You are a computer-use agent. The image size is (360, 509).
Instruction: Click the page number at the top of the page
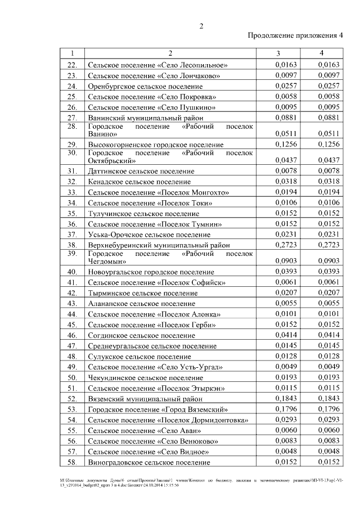pos(201,26)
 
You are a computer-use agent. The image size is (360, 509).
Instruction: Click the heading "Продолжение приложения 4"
pos(295,37)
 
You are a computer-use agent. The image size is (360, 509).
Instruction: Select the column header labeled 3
pos(278,53)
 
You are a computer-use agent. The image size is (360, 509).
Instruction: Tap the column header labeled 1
pos(72,53)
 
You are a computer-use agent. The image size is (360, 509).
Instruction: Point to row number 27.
pos(72,118)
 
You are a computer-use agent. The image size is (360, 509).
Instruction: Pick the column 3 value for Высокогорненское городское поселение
pos(286,145)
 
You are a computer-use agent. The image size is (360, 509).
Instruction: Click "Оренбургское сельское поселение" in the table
pos(145,86)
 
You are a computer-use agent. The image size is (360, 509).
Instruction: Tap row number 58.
pos(72,462)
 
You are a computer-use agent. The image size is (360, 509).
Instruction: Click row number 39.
pos(72,254)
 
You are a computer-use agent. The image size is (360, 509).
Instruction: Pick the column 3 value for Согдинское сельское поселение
pos(286,335)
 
